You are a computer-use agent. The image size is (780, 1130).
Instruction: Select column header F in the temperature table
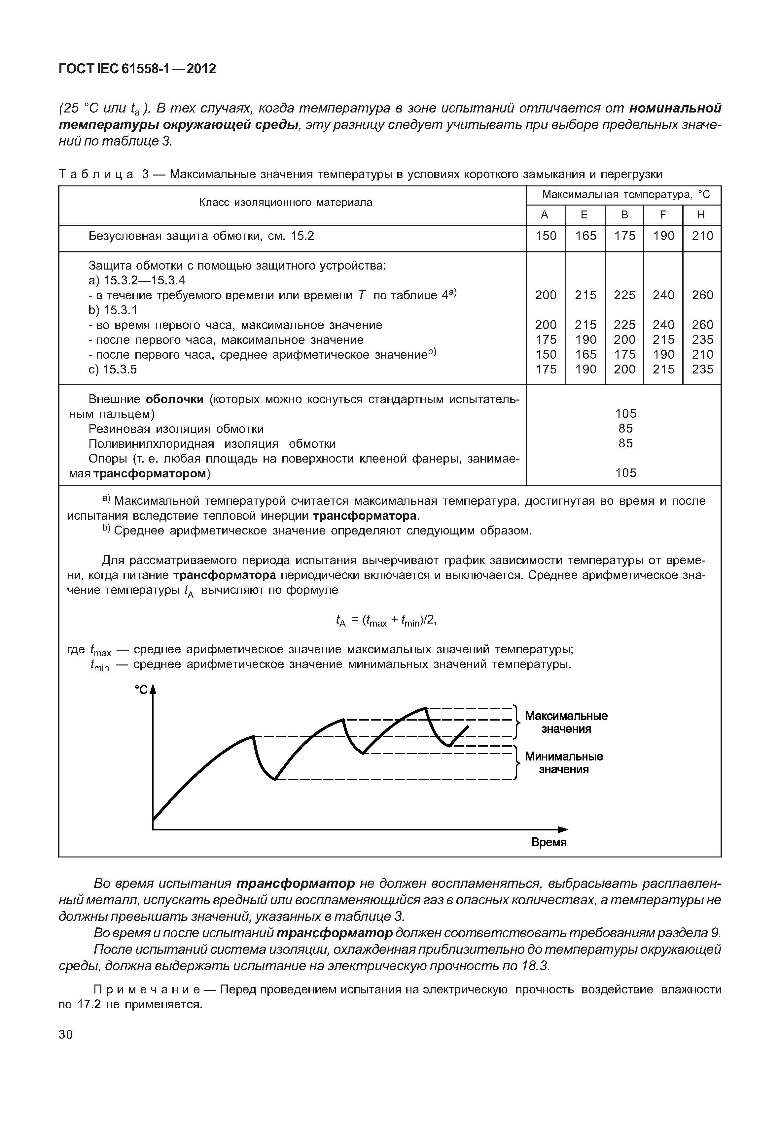[663, 215]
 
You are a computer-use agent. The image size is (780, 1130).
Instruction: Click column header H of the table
[701, 215]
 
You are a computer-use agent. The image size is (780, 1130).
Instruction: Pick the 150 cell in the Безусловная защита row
[546, 236]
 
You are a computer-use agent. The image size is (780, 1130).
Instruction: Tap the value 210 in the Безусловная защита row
[702, 236]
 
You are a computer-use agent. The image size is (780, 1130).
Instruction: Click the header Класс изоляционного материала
[286, 203]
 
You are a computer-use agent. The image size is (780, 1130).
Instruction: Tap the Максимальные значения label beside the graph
[566, 722]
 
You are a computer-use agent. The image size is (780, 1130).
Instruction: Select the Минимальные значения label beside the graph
[563, 763]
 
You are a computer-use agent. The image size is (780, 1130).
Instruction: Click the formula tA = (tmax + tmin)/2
[386, 621]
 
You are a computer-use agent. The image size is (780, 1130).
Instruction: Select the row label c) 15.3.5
[112, 370]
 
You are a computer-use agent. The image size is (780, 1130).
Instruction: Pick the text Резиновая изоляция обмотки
[176, 429]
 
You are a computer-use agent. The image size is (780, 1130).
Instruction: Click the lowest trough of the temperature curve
[275, 780]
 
